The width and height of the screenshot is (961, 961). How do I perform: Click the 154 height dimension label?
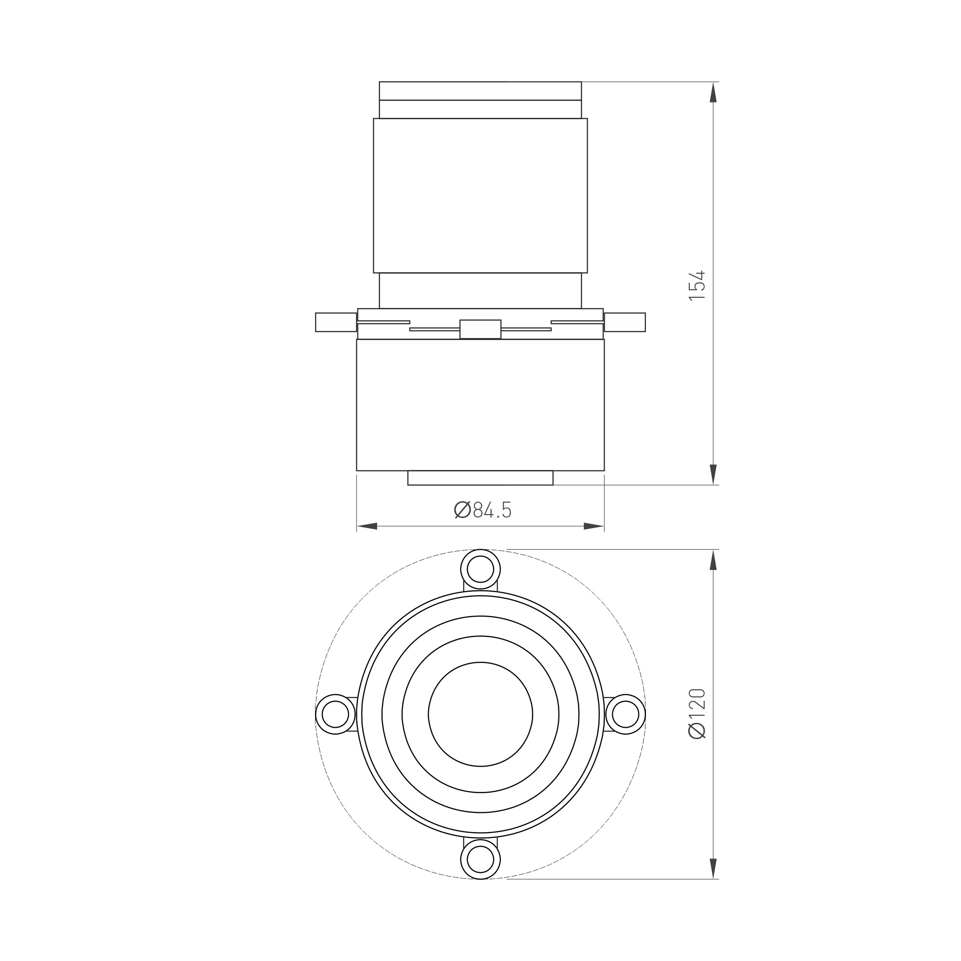697,285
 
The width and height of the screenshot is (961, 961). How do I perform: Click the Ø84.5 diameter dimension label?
483,510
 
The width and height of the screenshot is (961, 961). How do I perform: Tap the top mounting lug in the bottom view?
480,569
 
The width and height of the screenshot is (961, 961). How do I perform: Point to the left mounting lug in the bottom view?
336,714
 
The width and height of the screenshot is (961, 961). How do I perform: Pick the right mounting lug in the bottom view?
625,714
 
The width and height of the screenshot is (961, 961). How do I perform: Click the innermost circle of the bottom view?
480,663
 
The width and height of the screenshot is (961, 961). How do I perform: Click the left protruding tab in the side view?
336,322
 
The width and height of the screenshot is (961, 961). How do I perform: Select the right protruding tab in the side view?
625,322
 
